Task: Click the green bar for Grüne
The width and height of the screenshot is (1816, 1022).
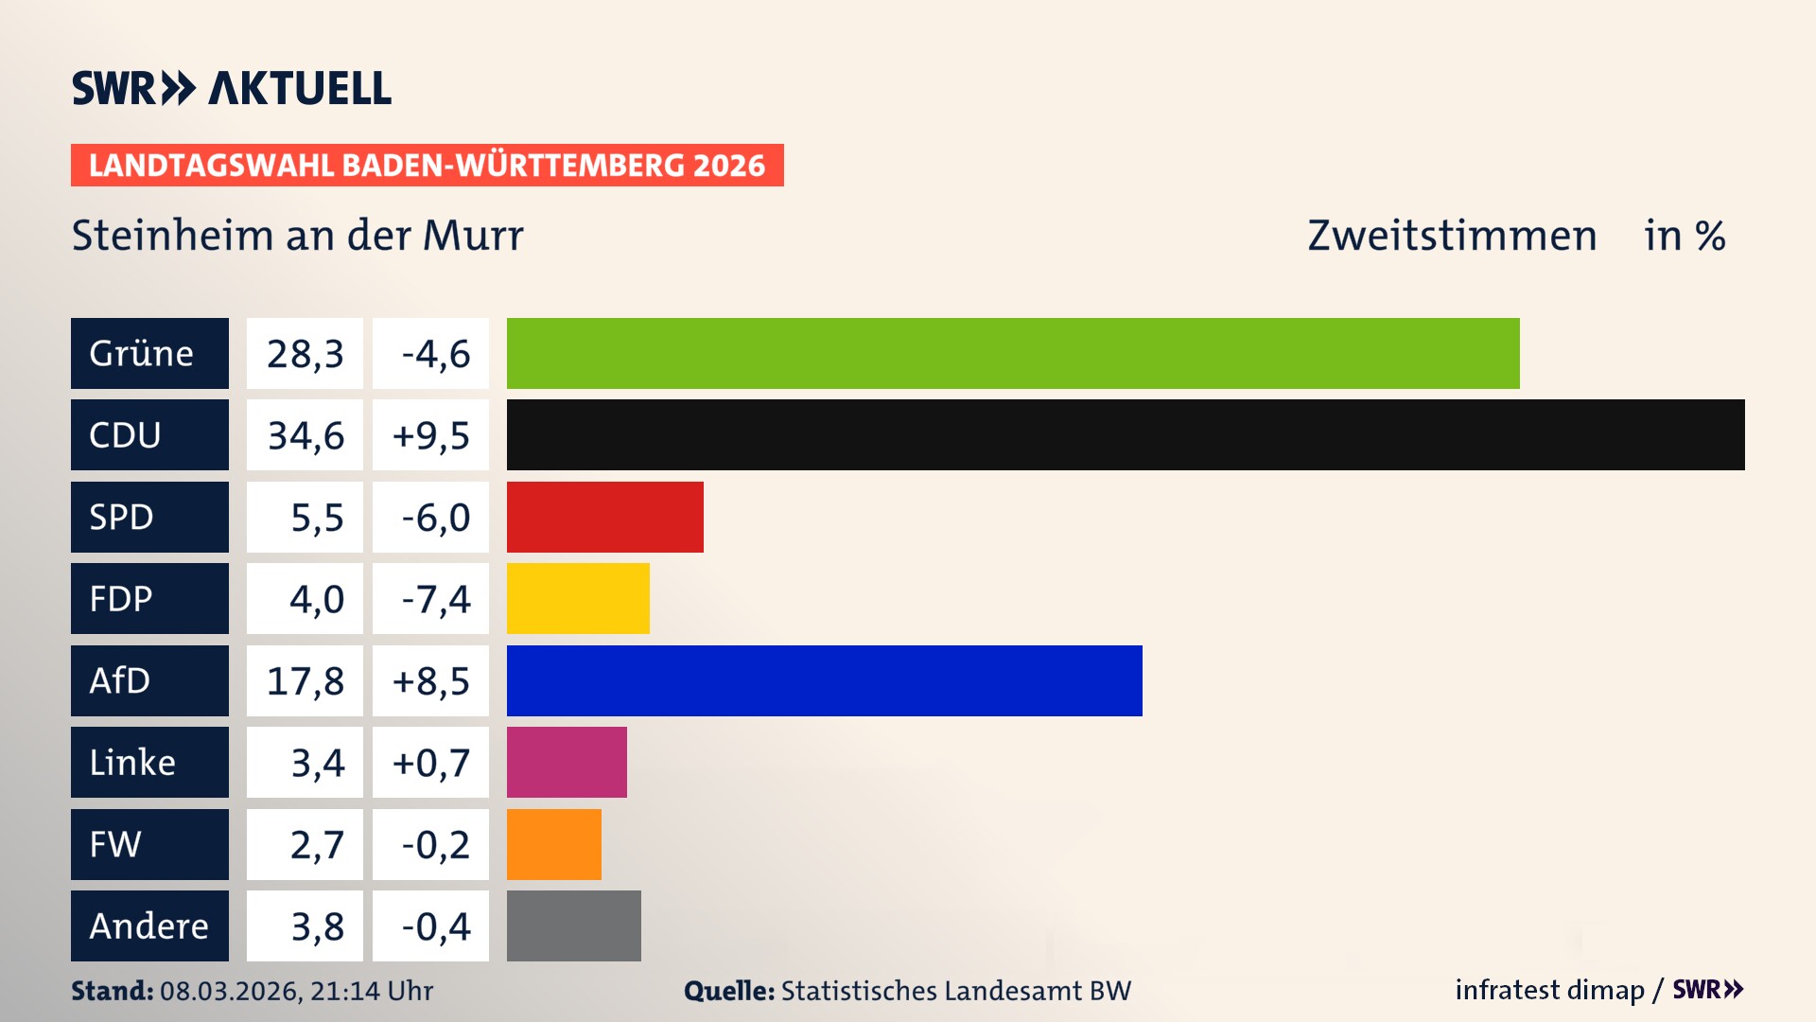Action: pos(1012,353)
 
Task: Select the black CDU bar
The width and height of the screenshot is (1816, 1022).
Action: pos(1126,435)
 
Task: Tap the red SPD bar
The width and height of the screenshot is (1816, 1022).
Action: pos(605,517)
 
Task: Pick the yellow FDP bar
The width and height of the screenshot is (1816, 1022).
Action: pos(578,598)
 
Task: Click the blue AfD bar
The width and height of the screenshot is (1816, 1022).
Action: pos(824,680)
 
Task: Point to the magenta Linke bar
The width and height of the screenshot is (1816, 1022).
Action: pos(567,762)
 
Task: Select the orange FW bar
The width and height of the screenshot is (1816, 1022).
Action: pos(553,844)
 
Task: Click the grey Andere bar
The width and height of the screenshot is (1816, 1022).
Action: pos(573,925)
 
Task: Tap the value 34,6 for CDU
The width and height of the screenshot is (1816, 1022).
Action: pos(305,435)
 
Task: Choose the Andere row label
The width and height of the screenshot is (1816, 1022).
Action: pos(149,925)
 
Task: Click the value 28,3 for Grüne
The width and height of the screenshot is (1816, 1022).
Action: pos(305,353)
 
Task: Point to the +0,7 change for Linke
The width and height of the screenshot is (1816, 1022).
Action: pos(431,762)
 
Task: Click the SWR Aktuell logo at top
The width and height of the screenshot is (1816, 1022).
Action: pos(231,88)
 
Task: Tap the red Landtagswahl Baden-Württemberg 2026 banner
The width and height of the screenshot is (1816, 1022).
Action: pos(427,165)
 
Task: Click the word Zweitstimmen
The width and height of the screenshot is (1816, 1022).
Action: pos(1452,236)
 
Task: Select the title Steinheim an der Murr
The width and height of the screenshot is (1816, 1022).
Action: pos(297,236)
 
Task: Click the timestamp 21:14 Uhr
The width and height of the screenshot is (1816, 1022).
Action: pos(371,991)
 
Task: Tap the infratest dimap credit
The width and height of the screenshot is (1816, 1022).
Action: pos(1549,990)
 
